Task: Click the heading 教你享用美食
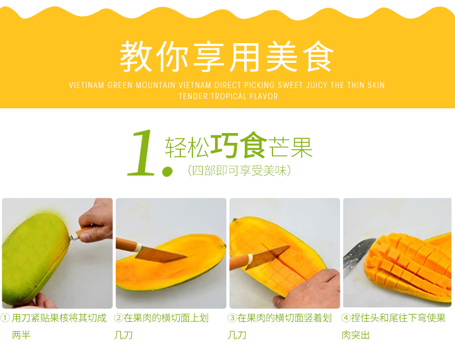[x=227, y=56]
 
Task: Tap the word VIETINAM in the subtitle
[x=86, y=85]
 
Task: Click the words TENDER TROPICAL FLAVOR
[x=228, y=96]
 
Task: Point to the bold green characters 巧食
[x=238, y=145]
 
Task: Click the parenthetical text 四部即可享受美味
[x=240, y=170]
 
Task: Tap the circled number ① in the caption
[x=5, y=318]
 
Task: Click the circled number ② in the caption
[x=119, y=318]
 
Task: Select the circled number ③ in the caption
[x=232, y=318]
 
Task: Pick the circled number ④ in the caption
[x=346, y=318]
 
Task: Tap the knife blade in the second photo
[x=161, y=254]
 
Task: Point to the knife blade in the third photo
[x=268, y=257]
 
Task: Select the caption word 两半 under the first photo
[x=21, y=335]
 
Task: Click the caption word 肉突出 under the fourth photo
[x=355, y=335]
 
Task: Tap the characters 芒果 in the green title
[x=290, y=147]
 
